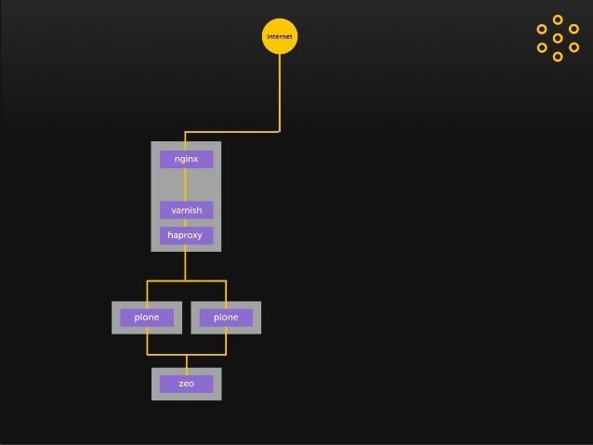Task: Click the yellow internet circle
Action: pyautogui.click(x=280, y=36)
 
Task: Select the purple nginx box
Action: pyautogui.click(x=186, y=160)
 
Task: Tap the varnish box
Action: pyautogui.click(x=186, y=210)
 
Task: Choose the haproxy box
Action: pyautogui.click(x=186, y=236)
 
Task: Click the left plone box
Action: pyautogui.click(x=147, y=318)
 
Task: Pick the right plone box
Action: pyautogui.click(x=226, y=318)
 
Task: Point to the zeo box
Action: pyautogui.click(x=186, y=384)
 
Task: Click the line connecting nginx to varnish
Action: pyautogui.click(x=186, y=185)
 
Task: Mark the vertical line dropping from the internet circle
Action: pyautogui.click(x=280, y=93)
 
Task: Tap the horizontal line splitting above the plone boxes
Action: pyautogui.click(x=186, y=281)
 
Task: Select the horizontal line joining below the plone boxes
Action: pyautogui.click(x=186, y=354)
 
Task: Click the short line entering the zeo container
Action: pyautogui.click(x=186, y=361)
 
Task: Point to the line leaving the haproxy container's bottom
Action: pyautogui.click(x=186, y=265)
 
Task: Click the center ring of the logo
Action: pyautogui.click(x=558, y=38)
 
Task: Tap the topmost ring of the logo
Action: pyautogui.click(x=558, y=20)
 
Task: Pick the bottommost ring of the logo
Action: pyautogui.click(x=558, y=57)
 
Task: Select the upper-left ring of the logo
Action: pyautogui.click(x=542, y=29)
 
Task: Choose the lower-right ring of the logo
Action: pyautogui.click(x=573, y=47)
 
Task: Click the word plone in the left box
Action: pyautogui.click(x=147, y=318)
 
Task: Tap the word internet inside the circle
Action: pyautogui.click(x=280, y=37)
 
